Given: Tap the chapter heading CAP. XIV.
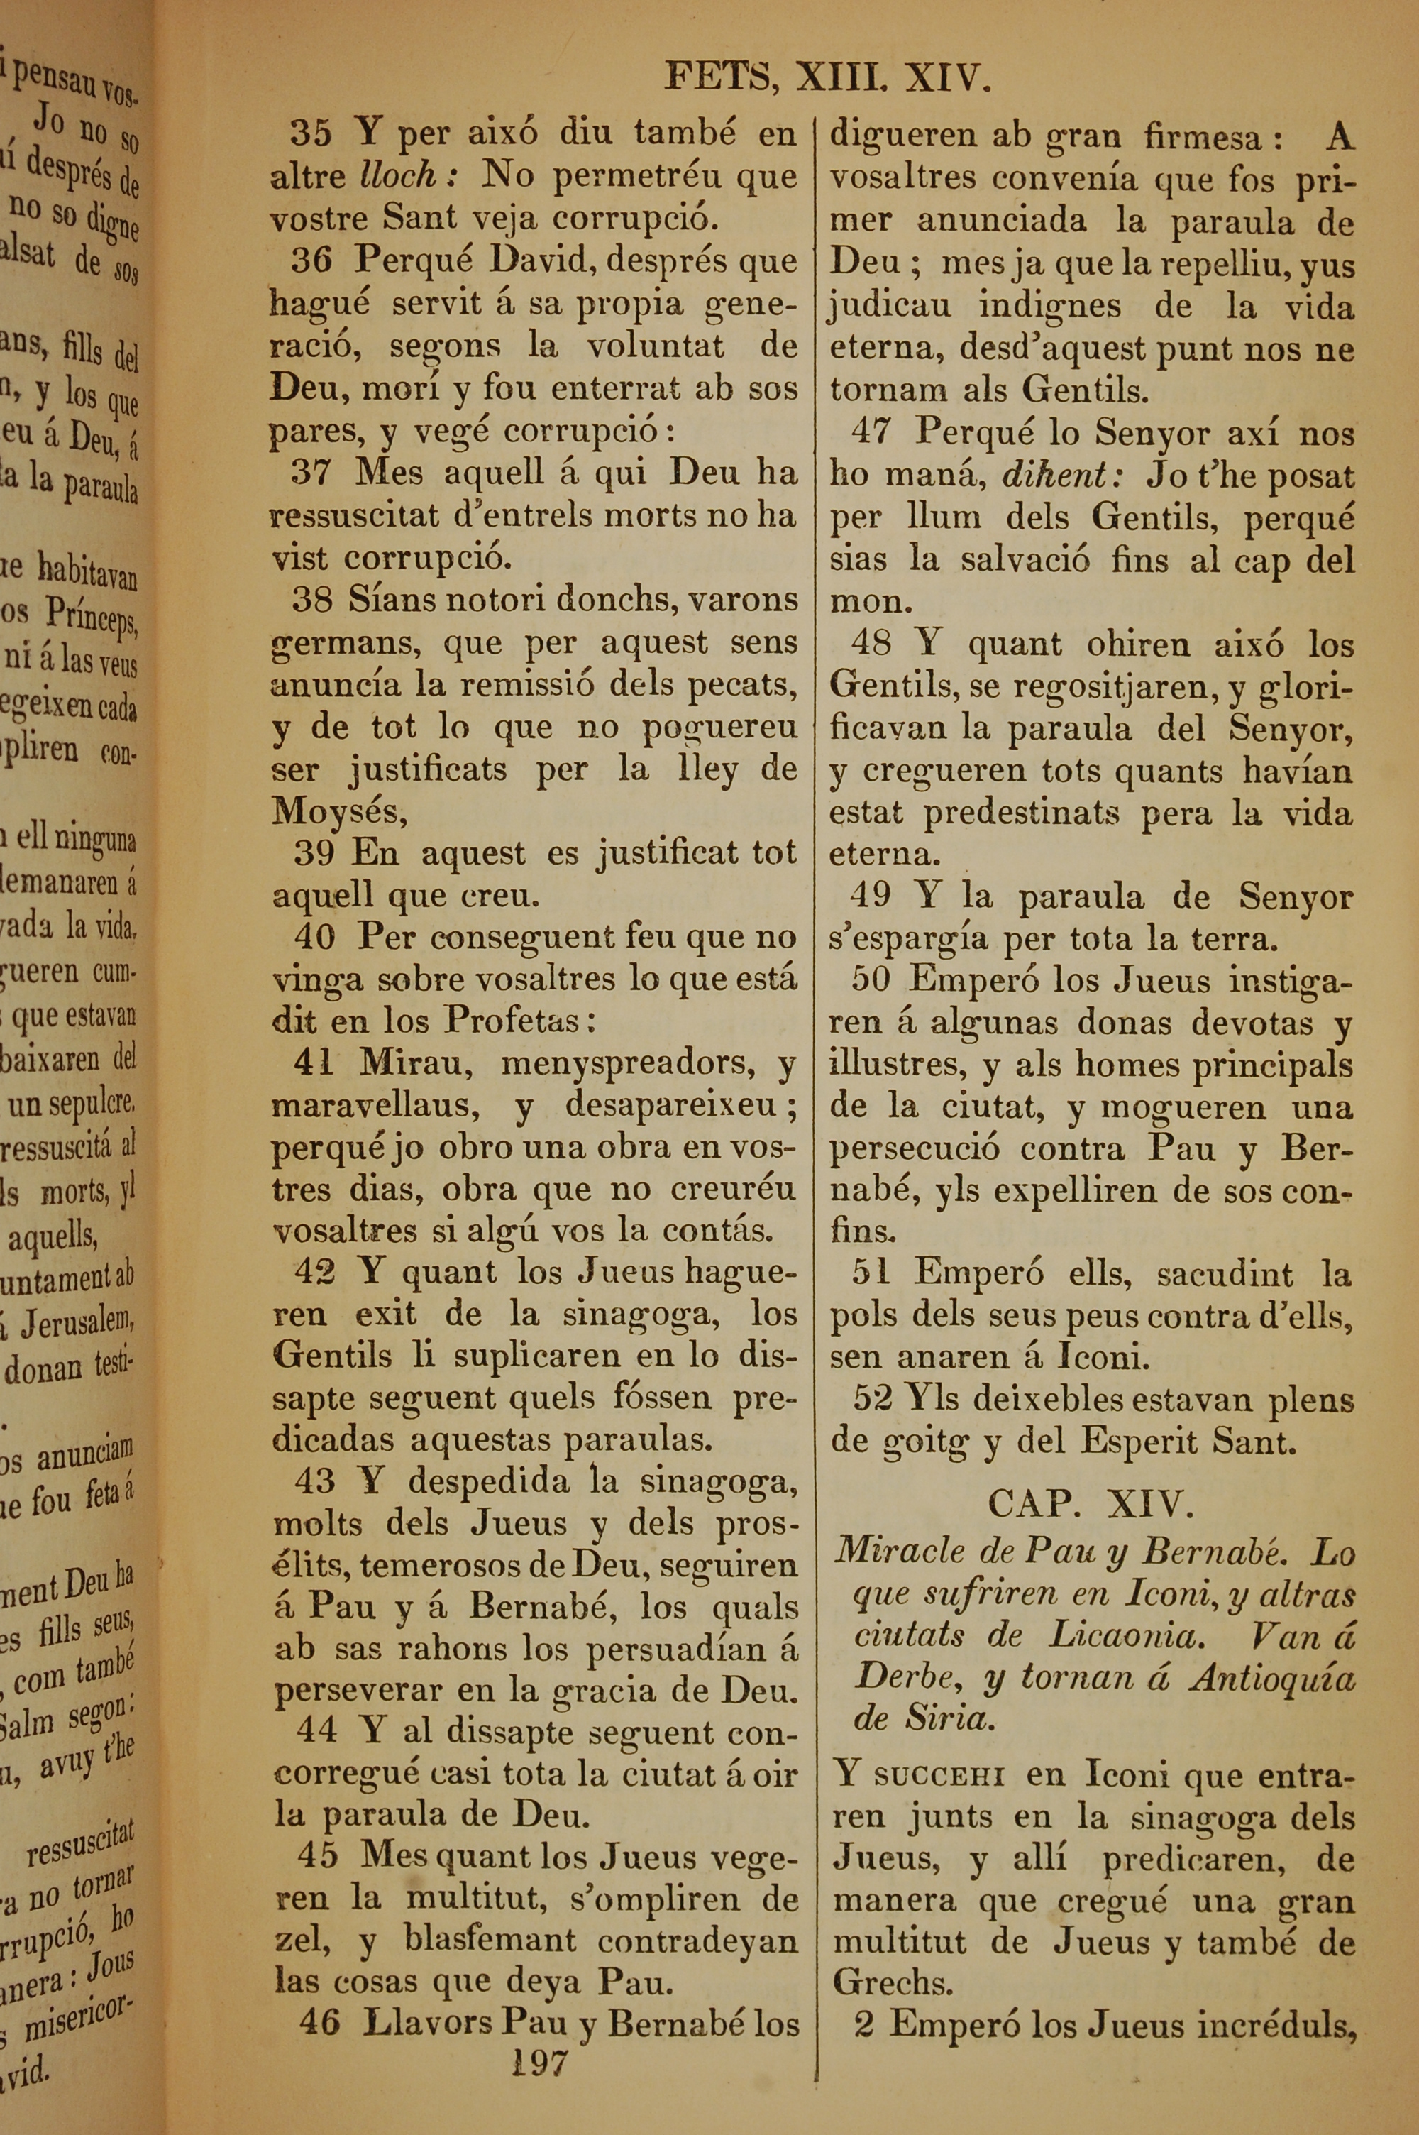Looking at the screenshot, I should click(x=1091, y=1503).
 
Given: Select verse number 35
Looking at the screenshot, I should click(x=311, y=135).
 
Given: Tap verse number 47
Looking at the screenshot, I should click(x=871, y=433).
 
